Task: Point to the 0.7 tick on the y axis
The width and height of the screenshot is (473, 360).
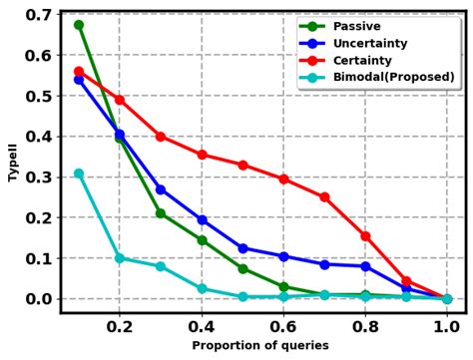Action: [38, 15]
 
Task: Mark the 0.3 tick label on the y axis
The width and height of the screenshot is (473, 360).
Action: [38, 178]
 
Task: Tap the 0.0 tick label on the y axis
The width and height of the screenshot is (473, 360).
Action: [38, 299]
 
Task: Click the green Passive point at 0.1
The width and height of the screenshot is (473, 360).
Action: [79, 25]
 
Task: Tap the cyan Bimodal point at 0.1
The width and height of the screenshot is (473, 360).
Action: [79, 174]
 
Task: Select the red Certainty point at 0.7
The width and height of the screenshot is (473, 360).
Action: [324, 197]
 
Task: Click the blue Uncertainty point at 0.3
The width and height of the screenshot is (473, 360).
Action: [161, 189]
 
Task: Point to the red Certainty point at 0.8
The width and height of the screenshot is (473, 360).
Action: [365, 236]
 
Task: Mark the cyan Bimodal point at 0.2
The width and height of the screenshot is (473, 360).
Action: [120, 258]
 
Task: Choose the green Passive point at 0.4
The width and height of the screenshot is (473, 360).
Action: [202, 240]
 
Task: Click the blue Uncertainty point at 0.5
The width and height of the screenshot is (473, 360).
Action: [242, 248]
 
